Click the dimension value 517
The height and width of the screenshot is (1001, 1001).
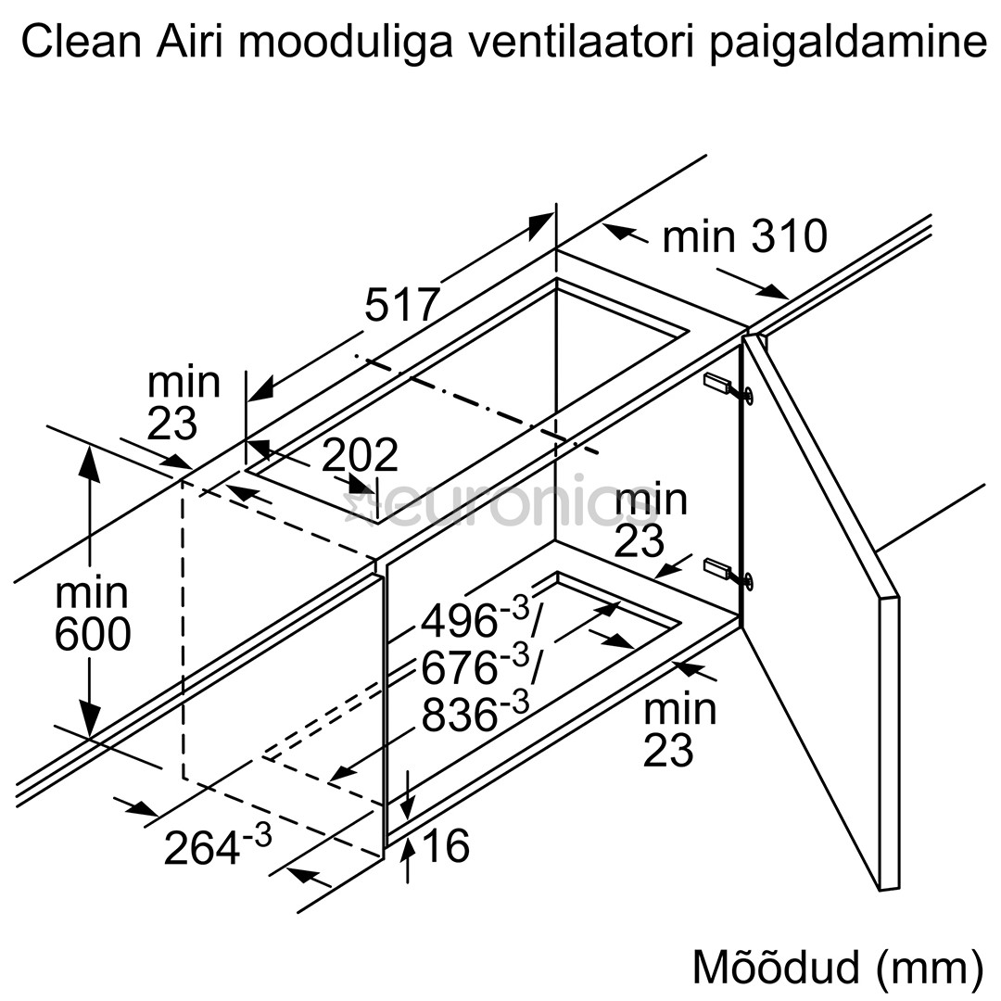click(x=401, y=305)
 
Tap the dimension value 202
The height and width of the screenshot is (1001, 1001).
click(x=361, y=455)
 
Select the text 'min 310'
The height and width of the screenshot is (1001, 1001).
click(x=743, y=236)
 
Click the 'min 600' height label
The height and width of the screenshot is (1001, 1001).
click(x=91, y=614)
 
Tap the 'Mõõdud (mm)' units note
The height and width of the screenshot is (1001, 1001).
click(x=837, y=967)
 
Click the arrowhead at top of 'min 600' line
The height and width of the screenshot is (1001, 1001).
click(x=89, y=461)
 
